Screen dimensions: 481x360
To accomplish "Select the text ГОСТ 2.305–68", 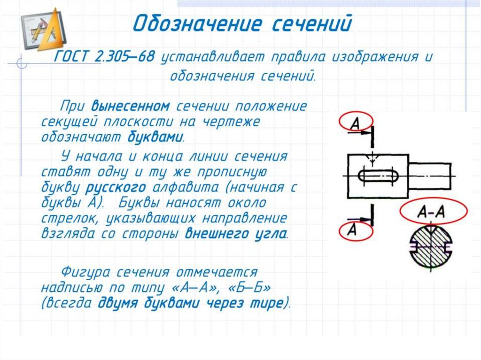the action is click(x=105, y=58).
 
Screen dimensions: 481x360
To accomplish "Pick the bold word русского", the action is click(x=115, y=188).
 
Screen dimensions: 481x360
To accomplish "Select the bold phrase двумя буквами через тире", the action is click(x=192, y=303).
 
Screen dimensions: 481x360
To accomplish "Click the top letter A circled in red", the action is click(x=356, y=123).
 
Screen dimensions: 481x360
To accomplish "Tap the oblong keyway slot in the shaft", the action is click(x=378, y=176).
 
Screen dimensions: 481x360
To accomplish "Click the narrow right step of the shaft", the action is click(x=431, y=176).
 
